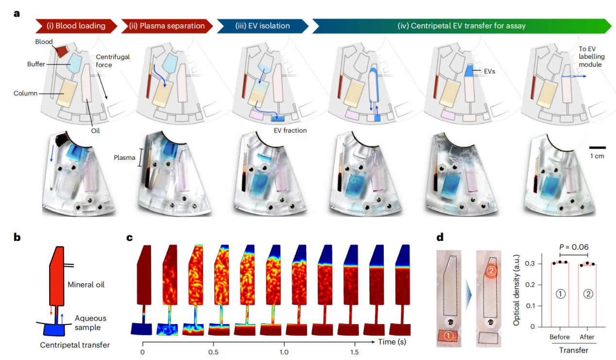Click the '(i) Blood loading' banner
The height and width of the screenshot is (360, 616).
pyautogui.click(x=76, y=26)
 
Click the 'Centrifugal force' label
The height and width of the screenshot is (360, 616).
pyautogui.click(x=113, y=61)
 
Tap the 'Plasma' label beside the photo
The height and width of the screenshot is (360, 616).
pyautogui.click(x=124, y=157)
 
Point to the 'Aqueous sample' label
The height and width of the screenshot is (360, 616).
pyautogui.click(x=90, y=323)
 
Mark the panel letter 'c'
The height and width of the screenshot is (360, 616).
pyautogui.click(x=129, y=238)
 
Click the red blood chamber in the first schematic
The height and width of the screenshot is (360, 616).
pyautogui.click(x=62, y=51)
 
